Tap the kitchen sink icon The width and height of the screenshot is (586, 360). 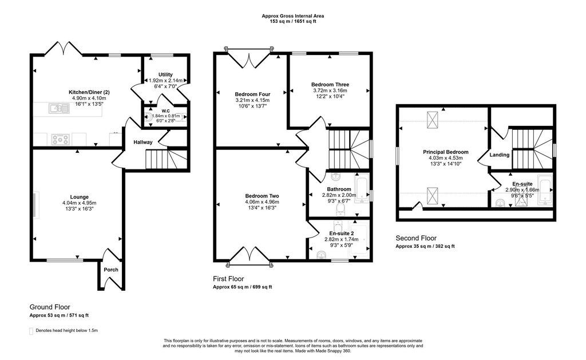pyautogui.click(x=57, y=107)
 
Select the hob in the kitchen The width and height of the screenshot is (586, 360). pyautogui.click(x=60, y=138)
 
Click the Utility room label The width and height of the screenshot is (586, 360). pyautogui.click(x=166, y=74)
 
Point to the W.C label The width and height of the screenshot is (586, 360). pyautogui.click(x=165, y=110)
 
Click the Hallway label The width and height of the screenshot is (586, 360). pyautogui.click(x=143, y=142)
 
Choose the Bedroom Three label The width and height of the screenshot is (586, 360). pyautogui.click(x=330, y=85)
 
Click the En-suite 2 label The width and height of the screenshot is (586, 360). pyautogui.click(x=339, y=233)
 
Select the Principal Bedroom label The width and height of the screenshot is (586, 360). pyautogui.click(x=446, y=152)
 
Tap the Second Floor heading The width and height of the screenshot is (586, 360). pyautogui.click(x=416, y=238)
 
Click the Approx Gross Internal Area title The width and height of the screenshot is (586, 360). pyautogui.click(x=292, y=16)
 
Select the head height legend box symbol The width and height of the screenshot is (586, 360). pyautogui.click(x=31, y=331)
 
